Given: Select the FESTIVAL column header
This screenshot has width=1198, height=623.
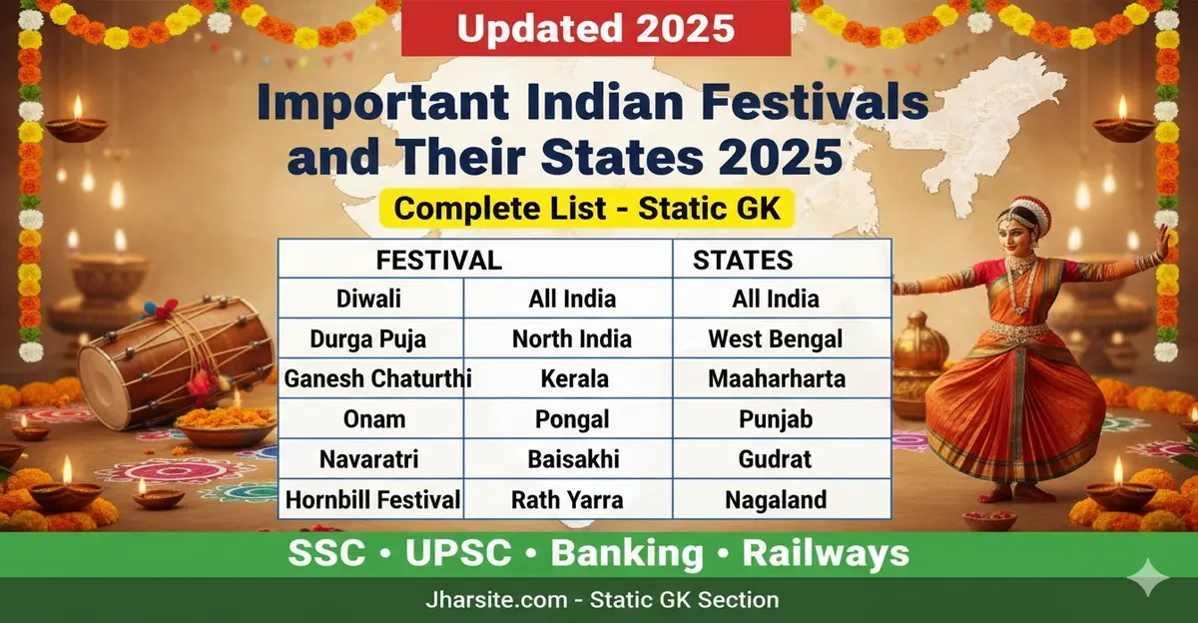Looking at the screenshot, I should pyautogui.click(x=438, y=261).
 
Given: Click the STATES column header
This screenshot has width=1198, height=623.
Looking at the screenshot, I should pyautogui.click(x=743, y=261).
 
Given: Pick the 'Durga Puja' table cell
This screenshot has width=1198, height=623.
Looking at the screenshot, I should pyautogui.click(x=369, y=338).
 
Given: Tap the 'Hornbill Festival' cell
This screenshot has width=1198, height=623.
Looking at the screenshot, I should pyautogui.click(x=372, y=498).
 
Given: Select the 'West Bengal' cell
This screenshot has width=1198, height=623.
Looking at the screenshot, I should pyautogui.click(x=776, y=338).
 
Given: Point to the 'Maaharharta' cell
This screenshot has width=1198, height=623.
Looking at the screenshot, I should pyautogui.click(x=776, y=378).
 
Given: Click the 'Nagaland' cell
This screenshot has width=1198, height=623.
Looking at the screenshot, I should pyautogui.click(x=776, y=498).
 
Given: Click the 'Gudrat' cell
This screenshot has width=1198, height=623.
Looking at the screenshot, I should pyautogui.click(x=776, y=458).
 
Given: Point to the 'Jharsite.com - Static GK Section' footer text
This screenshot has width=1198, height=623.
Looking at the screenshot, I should pyautogui.click(x=599, y=600).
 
